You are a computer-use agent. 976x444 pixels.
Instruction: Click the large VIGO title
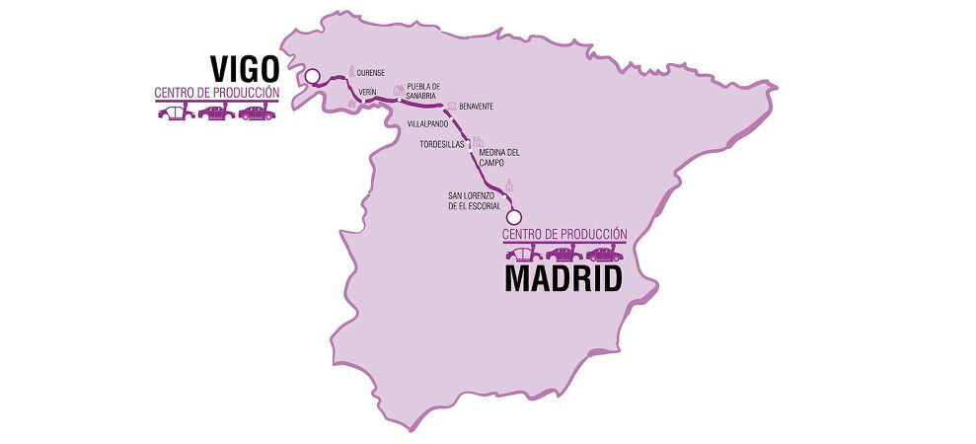tap(245, 69)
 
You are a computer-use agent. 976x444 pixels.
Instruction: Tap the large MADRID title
tap(563, 279)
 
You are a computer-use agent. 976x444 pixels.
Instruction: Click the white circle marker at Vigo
tap(313, 76)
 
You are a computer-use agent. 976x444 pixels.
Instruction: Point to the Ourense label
tap(370, 72)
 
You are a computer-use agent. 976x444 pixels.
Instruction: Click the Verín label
tap(369, 92)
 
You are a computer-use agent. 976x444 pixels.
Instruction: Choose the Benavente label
tap(477, 107)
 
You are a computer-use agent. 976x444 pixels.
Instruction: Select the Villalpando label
tap(428, 124)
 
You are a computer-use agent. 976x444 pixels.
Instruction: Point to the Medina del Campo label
tap(499, 158)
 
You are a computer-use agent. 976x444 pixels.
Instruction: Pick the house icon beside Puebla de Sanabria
tap(399, 90)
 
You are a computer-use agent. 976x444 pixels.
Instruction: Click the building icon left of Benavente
tap(451, 106)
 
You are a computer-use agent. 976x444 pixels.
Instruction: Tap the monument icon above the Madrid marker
tap(510, 186)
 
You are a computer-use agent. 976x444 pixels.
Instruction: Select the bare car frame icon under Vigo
tap(173, 112)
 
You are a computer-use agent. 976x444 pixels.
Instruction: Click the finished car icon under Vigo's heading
tap(257, 112)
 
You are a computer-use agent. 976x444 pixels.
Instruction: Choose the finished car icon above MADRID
tap(605, 254)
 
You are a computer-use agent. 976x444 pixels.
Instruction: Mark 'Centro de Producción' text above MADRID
tap(564, 234)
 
